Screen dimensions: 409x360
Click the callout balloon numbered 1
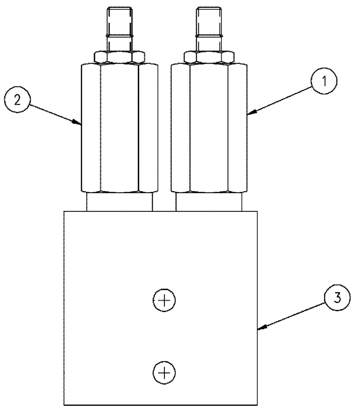click(323, 81)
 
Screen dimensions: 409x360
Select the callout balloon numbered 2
click(16, 100)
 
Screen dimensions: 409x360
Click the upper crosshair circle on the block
click(164, 301)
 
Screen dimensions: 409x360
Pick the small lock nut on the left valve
click(119, 56)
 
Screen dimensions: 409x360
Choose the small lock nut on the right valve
click(209, 56)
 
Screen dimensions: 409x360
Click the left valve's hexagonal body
click(119, 127)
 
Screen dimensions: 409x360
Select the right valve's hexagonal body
click(209, 127)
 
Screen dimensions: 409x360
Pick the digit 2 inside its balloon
click(16, 100)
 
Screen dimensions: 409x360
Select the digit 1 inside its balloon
click(323, 81)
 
